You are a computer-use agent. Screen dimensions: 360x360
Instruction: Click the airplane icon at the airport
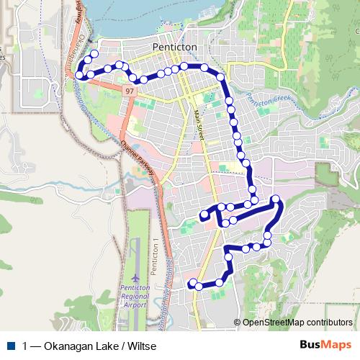137,278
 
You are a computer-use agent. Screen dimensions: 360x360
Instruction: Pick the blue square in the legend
12,345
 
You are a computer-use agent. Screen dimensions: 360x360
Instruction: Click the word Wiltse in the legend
142,346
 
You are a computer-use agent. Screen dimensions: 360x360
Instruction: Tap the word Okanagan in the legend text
69,346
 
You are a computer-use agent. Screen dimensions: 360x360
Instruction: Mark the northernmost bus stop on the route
94,55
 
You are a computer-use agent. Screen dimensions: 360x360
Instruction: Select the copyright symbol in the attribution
238,322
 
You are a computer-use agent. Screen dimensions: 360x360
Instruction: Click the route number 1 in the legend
26,346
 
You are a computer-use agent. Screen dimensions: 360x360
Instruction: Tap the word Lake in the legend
107,346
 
